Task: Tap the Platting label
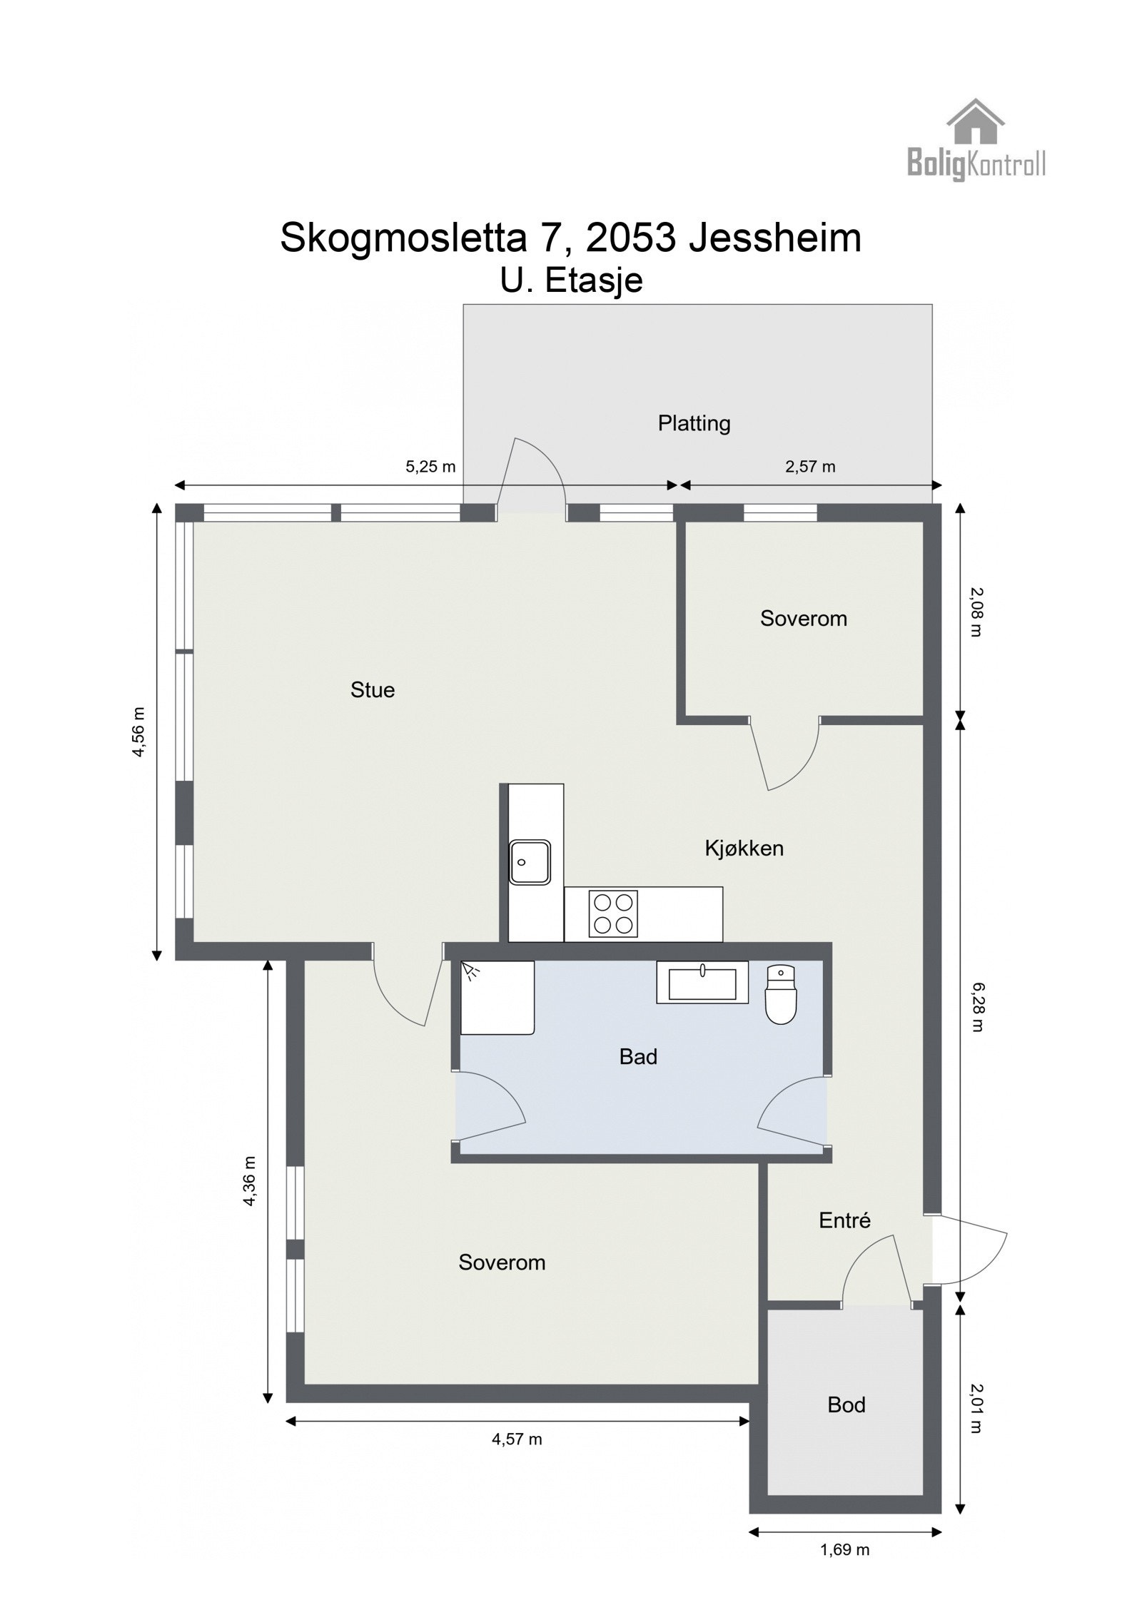(694, 423)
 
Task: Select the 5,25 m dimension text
(430, 467)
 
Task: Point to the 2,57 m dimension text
(810, 467)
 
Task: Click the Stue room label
(372, 690)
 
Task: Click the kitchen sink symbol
(530, 861)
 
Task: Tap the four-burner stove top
(613, 913)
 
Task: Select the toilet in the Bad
(780, 996)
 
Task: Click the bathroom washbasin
(702, 983)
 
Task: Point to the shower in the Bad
(497, 997)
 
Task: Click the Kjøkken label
(744, 849)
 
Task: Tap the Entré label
(844, 1220)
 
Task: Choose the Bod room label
(846, 1404)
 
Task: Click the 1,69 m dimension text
(844, 1549)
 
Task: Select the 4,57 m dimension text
(517, 1439)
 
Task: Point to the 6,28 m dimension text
(976, 1007)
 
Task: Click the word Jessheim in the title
(774, 238)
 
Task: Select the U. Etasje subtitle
(571, 280)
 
